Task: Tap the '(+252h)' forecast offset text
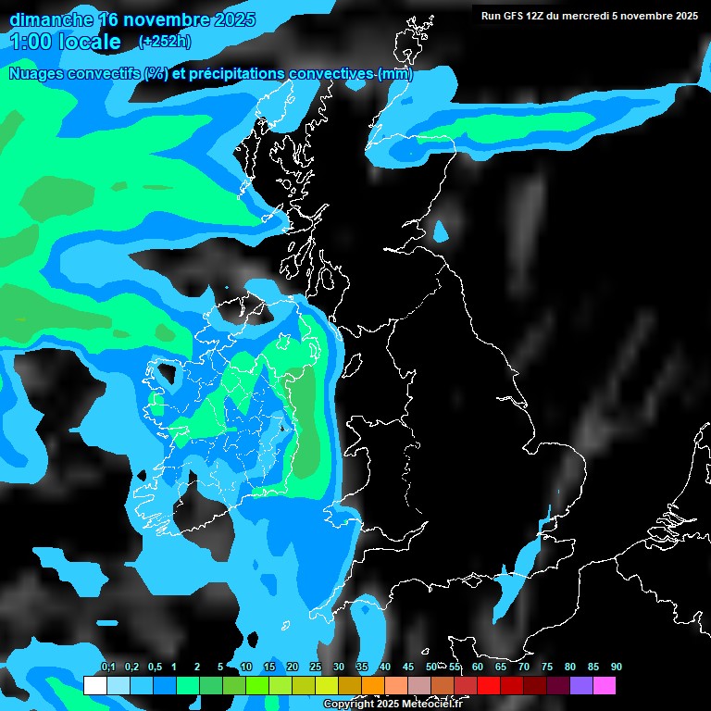pos(165,41)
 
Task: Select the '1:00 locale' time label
pos(65,42)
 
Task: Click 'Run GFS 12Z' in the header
pos(513,16)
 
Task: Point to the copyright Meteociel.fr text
pos(393,704)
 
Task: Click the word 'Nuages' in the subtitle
pos(38,74)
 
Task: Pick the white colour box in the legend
pos(94,685)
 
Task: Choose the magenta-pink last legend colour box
pos(605,685)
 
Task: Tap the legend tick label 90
pos(617,667)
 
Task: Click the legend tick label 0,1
pos(107,667)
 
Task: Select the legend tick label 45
pos(408,667)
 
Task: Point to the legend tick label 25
pos(316,667)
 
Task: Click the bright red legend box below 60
pos(489,685)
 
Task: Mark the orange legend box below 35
pos(373,685)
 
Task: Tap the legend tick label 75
pos(547,667)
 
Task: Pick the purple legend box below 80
pos(581,685)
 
